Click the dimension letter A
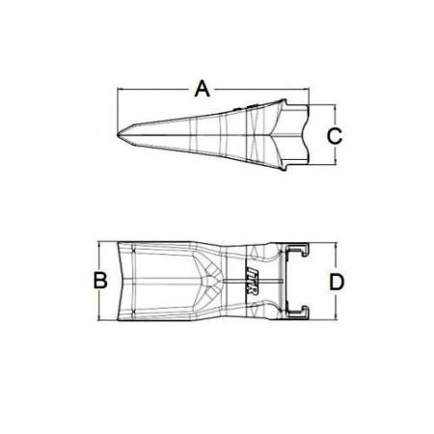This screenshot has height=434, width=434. pos(202,89)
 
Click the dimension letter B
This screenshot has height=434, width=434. pos(98,281)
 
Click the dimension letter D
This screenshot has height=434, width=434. pos(337,282)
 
